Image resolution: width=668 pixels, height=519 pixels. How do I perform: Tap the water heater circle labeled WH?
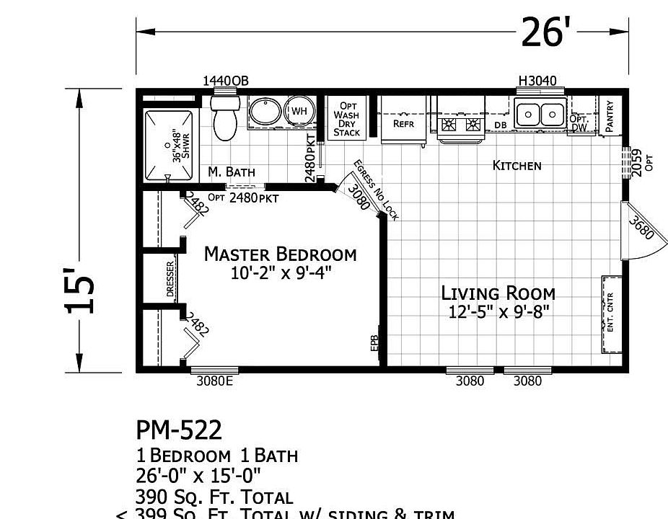click(299, 112)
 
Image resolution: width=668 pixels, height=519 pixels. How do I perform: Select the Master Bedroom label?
click(280, 254)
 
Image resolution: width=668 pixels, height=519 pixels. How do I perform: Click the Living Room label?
click(498, 293)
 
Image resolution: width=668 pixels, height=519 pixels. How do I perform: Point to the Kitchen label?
click(517, 166)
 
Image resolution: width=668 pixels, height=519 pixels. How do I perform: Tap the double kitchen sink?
click(540, 114)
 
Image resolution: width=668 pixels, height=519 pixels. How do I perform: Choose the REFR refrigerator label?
click(403, 123)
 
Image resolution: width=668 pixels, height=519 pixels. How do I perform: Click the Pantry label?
click(610, 115)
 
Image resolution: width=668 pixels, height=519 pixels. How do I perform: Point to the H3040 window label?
click(537, 81)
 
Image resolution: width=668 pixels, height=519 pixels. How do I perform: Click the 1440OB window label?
click(225, 81)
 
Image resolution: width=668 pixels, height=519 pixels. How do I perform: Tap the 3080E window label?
click(214, 381)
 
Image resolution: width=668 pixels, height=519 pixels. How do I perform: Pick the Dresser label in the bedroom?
click(170, 278)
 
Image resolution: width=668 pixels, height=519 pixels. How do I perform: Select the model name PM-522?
click(179, 430)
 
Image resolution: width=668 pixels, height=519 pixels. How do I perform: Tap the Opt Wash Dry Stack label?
click(347, 119)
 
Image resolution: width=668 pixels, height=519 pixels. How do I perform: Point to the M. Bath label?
click(231, 172)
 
